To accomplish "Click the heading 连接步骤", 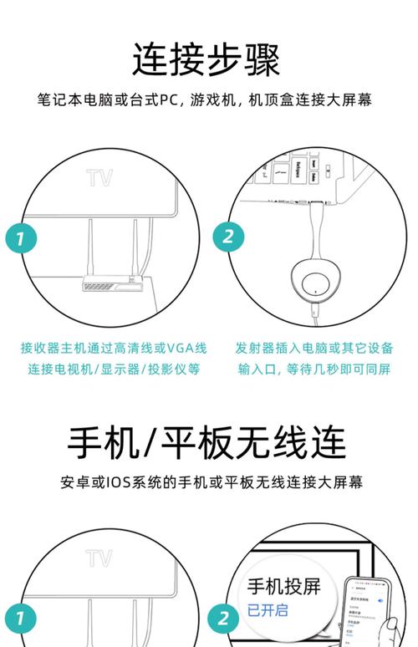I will (x=206, y=59).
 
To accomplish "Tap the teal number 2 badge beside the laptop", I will (x=227, y=237).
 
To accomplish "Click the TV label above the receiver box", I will (x=99, y=178).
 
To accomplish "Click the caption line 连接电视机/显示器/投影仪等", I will (x=115, y=369).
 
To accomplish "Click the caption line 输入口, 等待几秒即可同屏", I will (x=314, y=369).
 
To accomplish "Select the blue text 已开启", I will (x=267, y=610).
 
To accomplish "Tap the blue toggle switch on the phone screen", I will (x=382, y=600).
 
